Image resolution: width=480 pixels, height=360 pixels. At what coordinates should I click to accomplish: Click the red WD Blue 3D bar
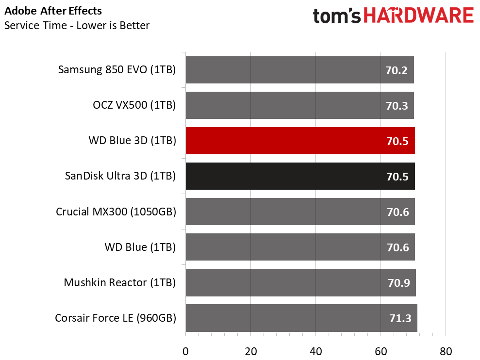(x=300, y=141)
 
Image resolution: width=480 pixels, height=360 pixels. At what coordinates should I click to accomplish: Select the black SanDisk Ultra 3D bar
(x=300, y=176)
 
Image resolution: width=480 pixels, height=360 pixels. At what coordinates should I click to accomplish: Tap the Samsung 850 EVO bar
(x=299, y=70)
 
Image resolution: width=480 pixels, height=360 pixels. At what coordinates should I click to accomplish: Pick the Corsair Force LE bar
(x=301, y=318)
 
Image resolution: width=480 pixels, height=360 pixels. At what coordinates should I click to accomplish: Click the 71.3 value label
(x=400, y=319)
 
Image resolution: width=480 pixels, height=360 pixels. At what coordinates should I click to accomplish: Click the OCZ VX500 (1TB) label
(x=134, y=105)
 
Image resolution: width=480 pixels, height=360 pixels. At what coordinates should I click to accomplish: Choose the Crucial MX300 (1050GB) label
(x=116, y=212)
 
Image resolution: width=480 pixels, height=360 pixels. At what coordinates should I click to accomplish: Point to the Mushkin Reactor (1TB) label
(x=119, y=282)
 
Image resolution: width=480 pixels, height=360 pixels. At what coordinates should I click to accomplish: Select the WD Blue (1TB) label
(x=140, y=247)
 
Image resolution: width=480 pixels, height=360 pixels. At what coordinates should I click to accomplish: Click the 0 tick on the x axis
(x=185, y=351)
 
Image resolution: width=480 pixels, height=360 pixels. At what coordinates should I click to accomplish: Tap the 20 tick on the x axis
(x=250, y=351)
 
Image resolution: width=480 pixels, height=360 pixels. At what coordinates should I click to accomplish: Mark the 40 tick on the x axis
(x=316, y=351)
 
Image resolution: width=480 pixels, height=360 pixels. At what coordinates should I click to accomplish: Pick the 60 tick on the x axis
(x=381, y=351)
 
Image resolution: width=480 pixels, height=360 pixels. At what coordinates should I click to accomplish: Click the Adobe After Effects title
(x=53, y=11)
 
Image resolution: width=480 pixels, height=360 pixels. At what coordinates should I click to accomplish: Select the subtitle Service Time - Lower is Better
(x=77, y=25)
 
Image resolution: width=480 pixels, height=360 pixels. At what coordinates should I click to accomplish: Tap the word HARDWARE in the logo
(x=418, y=16)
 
